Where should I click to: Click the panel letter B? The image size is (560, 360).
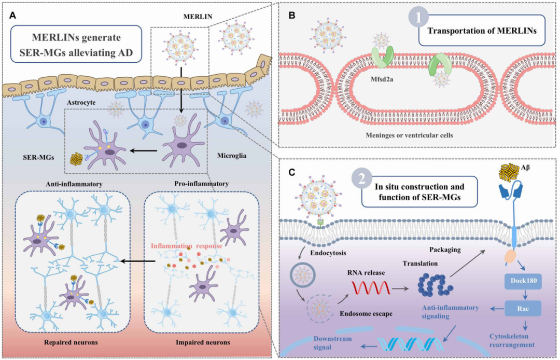[x=292, y=16]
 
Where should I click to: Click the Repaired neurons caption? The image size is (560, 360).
[x=69, y=343]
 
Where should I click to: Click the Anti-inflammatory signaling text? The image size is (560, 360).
[x=450, y=311]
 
